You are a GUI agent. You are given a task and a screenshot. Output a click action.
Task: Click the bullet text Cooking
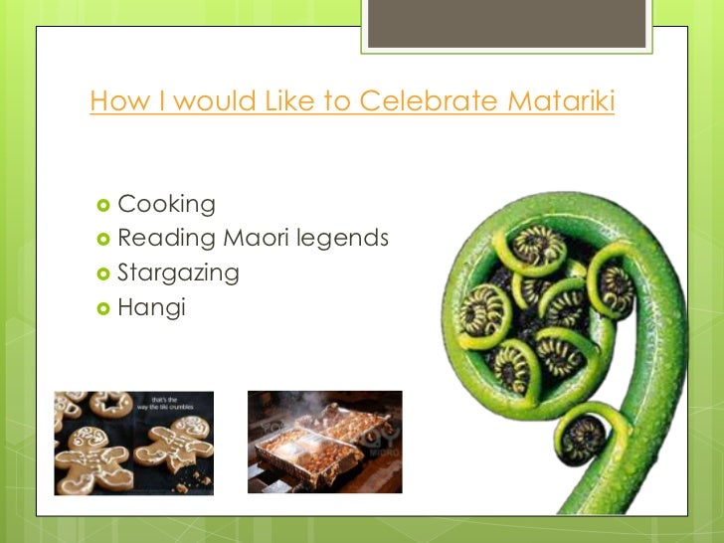point(166,205)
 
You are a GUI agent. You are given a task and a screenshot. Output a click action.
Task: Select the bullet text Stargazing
point(178,273)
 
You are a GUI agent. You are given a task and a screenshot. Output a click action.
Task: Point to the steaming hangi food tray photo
point(324,442)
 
